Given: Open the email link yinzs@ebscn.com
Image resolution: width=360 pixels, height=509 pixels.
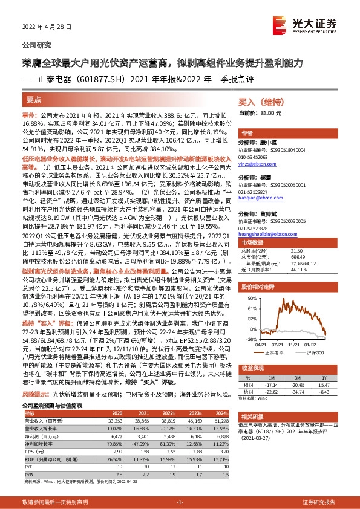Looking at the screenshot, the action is [x=257, y=164].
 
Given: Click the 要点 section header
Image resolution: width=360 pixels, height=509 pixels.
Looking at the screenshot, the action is [x=34, y=99].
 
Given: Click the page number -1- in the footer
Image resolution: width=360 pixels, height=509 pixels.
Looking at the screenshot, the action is [x=180, y=502].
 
